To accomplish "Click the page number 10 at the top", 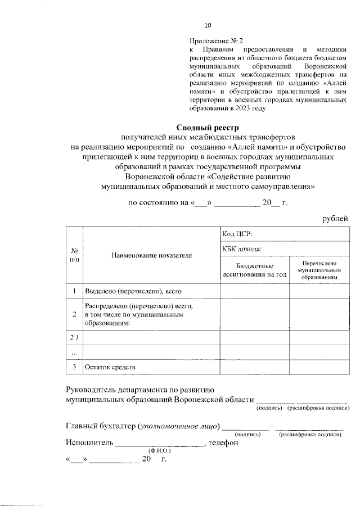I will click(208, 25).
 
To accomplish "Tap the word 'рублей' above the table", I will click(335, 218).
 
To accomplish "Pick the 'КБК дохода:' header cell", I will click(242, 249).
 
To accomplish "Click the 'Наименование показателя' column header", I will click(151, 255).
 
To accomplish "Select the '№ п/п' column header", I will click(74, 255).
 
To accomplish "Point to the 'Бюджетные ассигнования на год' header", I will click(254, 270).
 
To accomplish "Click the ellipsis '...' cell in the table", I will click(74, 352).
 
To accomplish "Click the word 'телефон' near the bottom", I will click(223, 442).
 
